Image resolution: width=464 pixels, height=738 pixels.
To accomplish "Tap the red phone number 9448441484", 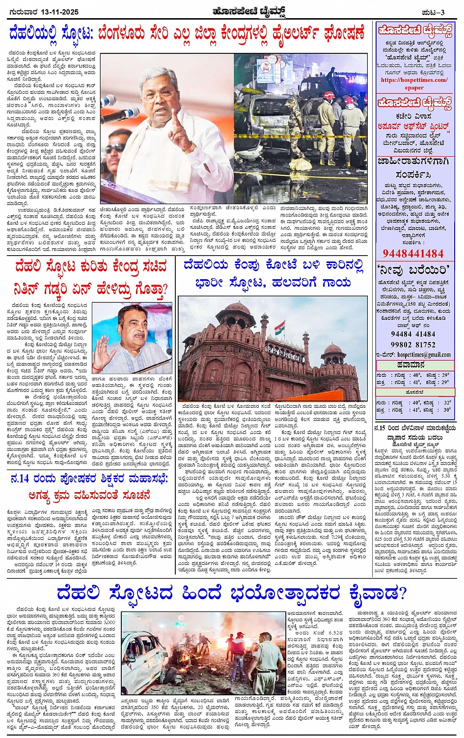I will pyautogui.click(x=412, y=253).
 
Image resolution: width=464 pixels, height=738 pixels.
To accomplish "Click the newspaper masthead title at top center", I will pyautogui.click(x=249, y=11).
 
